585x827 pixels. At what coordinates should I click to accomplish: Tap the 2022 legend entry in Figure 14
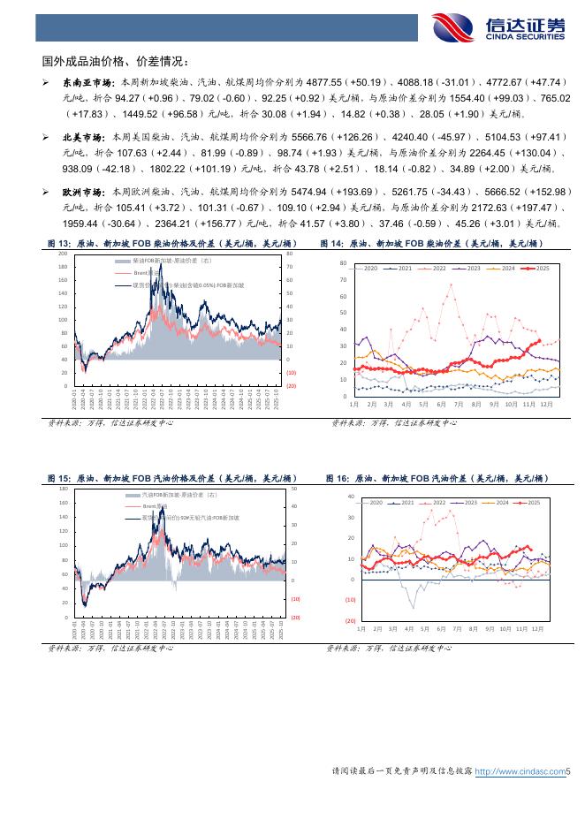pyautogui.click(x=436, y=268)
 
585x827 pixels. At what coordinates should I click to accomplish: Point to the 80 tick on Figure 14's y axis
pyautogui.click(x=342, y=263)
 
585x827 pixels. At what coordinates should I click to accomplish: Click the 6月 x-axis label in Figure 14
pyautogui.click(x=440, y=404)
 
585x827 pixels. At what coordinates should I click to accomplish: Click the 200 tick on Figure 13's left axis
pyautogui.click(x=62, y=254)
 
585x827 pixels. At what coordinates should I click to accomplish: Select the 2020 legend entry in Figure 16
pyautogui.click(x=375, y=502)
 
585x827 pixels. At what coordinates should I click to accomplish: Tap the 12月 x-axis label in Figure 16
pyautogui.click(x=538, y=629)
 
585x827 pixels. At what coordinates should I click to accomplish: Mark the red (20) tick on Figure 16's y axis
pyautogui.click(x=350, y=621)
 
